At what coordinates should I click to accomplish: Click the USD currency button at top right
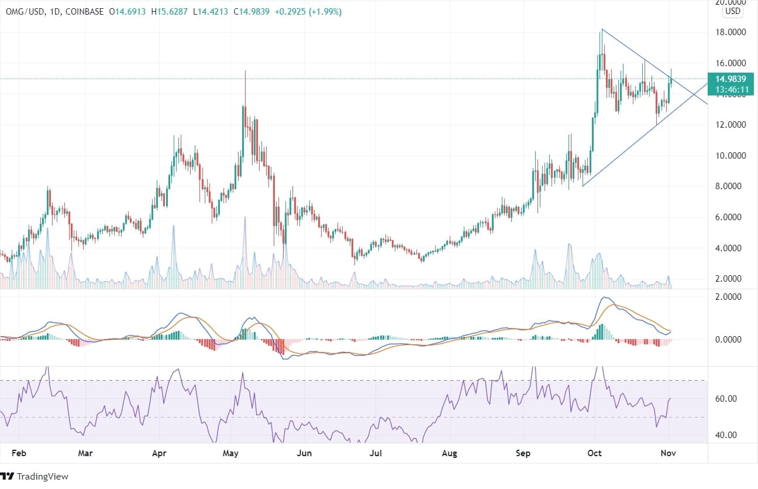[x=732, y=11]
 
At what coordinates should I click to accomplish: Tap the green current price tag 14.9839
[x=732, y=79]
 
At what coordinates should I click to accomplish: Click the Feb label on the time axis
[x=19, y=453]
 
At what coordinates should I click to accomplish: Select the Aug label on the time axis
[x=449, y=453]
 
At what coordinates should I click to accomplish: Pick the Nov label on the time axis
[x=669, y=453]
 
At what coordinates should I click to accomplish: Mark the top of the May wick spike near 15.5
[x=245, y=71]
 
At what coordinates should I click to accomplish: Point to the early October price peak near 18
[x=601, y=30]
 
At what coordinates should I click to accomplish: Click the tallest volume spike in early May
[x=245, y=218]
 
